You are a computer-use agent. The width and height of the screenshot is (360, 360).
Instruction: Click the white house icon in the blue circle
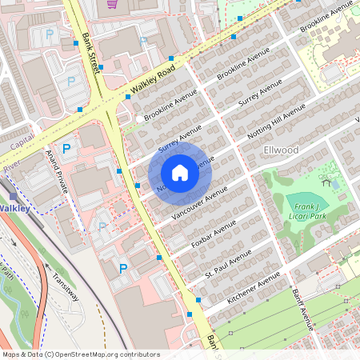coord(180,173)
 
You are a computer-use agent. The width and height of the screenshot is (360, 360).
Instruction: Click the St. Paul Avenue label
coord(228,264)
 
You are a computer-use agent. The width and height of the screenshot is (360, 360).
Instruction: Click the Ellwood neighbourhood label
coord(281,150)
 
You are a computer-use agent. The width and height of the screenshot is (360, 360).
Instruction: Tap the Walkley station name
coord(14,208)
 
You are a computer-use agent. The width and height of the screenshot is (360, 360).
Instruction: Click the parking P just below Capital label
coord(66,149)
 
